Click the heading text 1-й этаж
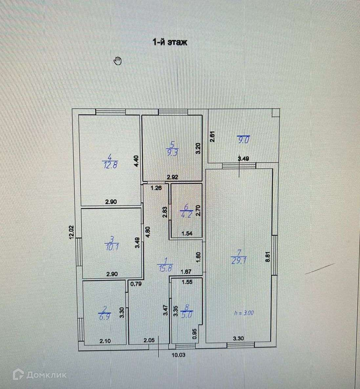point(170,42)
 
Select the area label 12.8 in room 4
point(110,165)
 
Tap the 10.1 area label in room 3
point(112,247)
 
